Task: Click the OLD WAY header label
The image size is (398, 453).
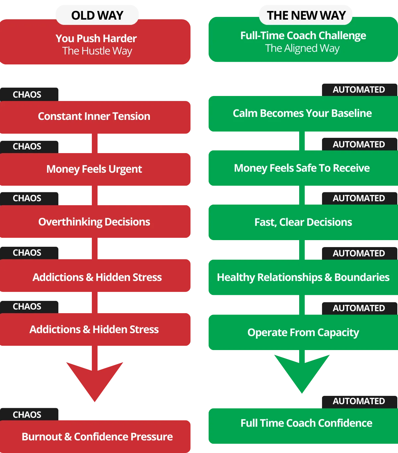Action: pyautogui.click(x=97, y=15)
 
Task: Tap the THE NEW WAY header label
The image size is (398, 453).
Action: pyautogui.click(x=306, y=15)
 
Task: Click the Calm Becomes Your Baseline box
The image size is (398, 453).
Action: pyautogui.click(x=302, y=113)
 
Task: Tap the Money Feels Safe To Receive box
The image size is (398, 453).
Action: pyautogui.click(x=302, y=168)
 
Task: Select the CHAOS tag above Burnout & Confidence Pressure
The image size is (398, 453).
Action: pyautogui.click(x=27, y=414)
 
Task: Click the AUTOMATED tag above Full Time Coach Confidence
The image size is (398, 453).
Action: pyautogui.click(x=359, y=401)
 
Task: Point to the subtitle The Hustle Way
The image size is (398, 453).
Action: pyautogui.click(x=97, y=51)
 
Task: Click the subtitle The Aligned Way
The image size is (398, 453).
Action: pyautogui.click(x=302, y=48)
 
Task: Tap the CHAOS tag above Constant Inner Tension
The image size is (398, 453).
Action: pyautogui.click(x=27, y=95)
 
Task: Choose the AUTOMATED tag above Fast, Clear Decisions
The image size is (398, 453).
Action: pyautogui.click(x=359, y=198)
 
